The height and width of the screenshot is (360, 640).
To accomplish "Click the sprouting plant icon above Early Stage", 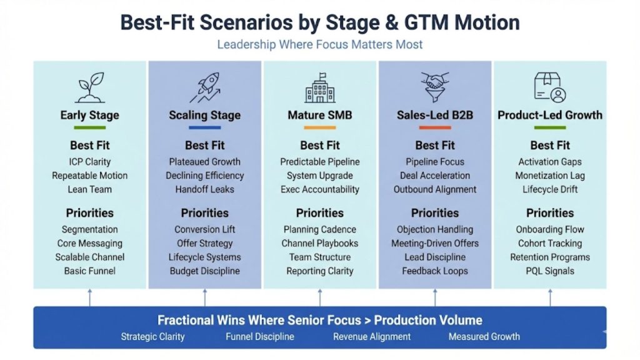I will tap(90, 88).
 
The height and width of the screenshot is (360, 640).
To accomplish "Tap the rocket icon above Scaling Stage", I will tap(204, 88).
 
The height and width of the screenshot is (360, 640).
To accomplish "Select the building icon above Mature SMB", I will tap(319, 88).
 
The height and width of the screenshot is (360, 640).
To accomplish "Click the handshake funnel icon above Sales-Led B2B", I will tap(434, 87).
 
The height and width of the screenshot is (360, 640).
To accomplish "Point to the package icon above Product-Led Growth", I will tap(549, 87).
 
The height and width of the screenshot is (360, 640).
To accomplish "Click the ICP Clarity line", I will tap(90, 162).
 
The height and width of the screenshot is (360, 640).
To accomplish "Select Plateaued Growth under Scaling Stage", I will tap(204, 162).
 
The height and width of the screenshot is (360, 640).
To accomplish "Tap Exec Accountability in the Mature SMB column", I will tap(319, 189).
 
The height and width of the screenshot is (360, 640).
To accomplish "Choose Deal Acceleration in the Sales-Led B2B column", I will tap(434, 176).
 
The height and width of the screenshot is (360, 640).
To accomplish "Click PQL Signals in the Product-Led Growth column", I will tap(549, 271).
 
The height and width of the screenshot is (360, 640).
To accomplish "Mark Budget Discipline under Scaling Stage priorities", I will tap(204, 271).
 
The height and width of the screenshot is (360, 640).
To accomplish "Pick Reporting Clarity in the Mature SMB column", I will tap(319, 271).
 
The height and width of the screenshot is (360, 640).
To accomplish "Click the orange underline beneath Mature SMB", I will tap(319, 127).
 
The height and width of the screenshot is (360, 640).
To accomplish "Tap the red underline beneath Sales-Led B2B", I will tap(434, 127).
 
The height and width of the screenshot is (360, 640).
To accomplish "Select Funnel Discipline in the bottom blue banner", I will tap(259, 336).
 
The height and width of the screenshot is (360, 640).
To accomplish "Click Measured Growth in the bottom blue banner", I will tap(484, 336).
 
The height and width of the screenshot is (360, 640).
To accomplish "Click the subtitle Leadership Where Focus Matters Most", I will tap(319, 45).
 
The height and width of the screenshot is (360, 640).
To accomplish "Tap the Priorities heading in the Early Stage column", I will tap(90, 212).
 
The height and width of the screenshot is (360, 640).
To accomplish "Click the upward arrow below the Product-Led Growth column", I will tap(549, 297).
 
